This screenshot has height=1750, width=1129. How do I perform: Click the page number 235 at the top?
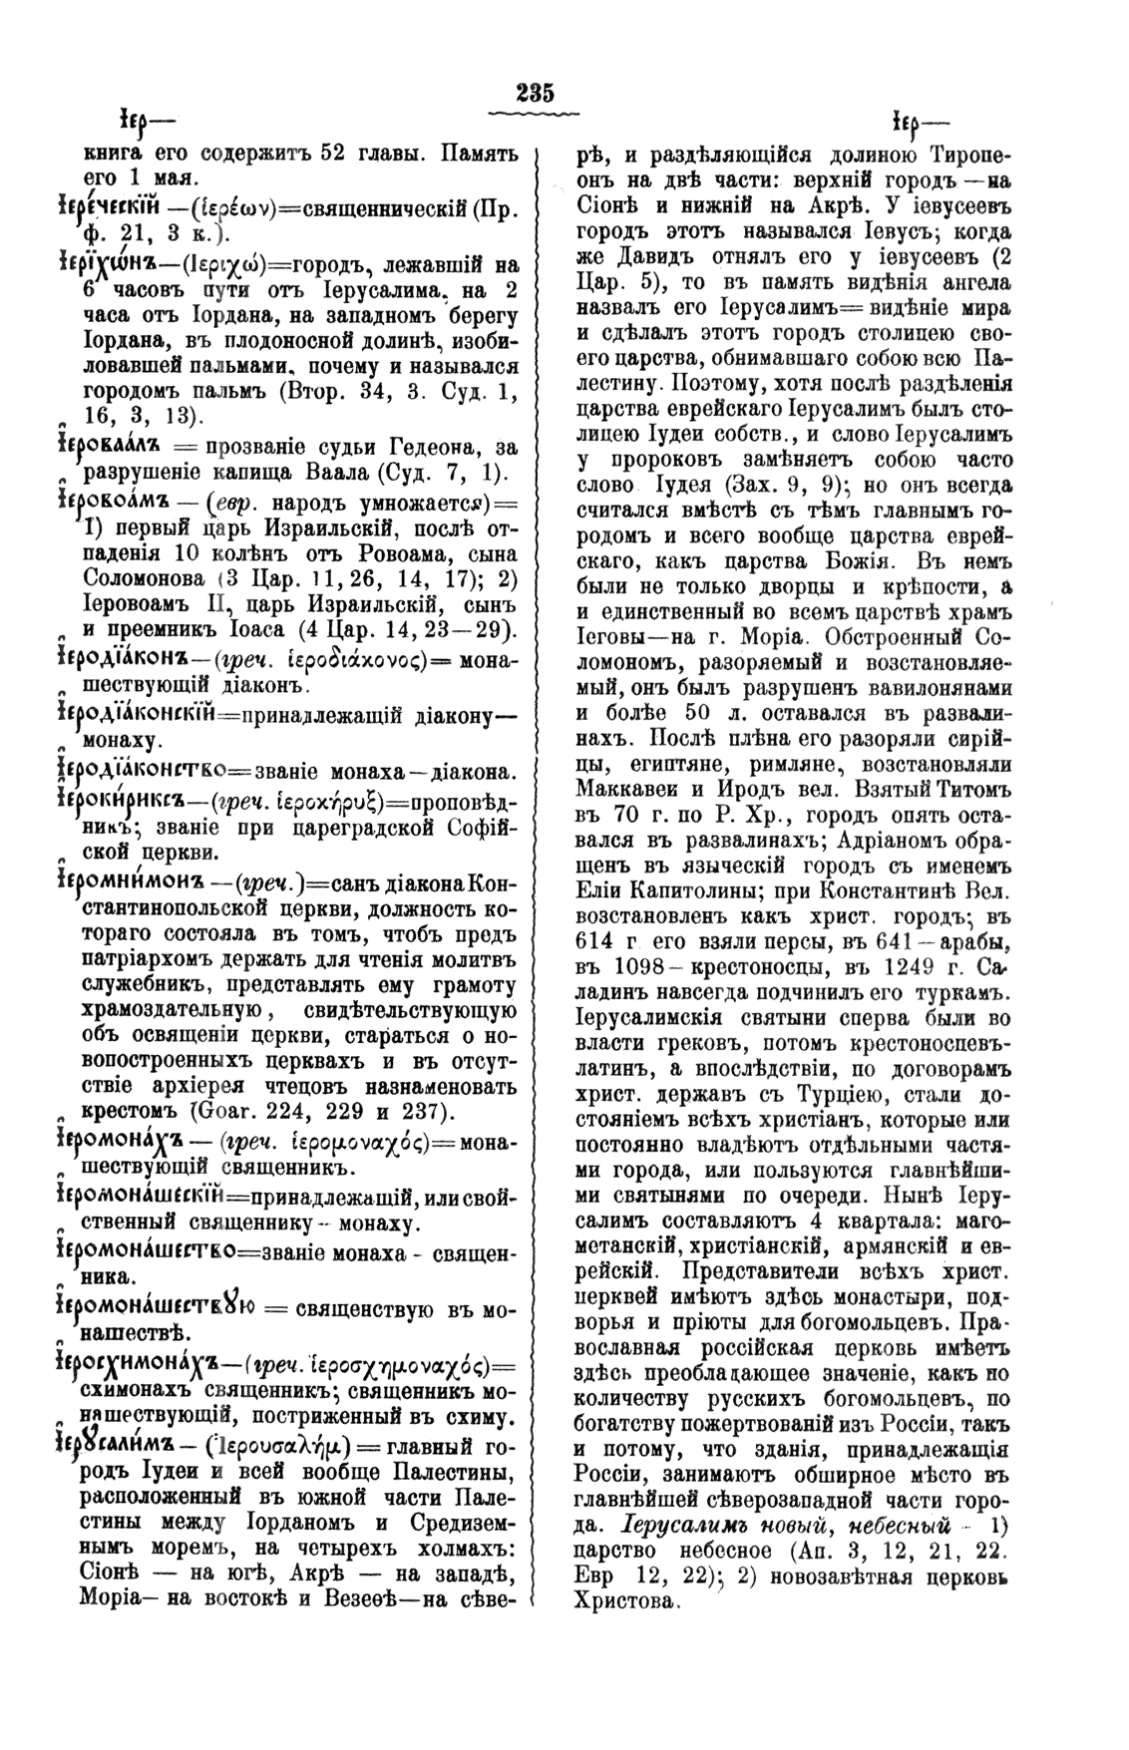pyautogui.click(x=535, y=93)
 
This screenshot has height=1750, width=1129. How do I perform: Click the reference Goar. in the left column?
pyautogui.click(x=225, y=1110)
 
